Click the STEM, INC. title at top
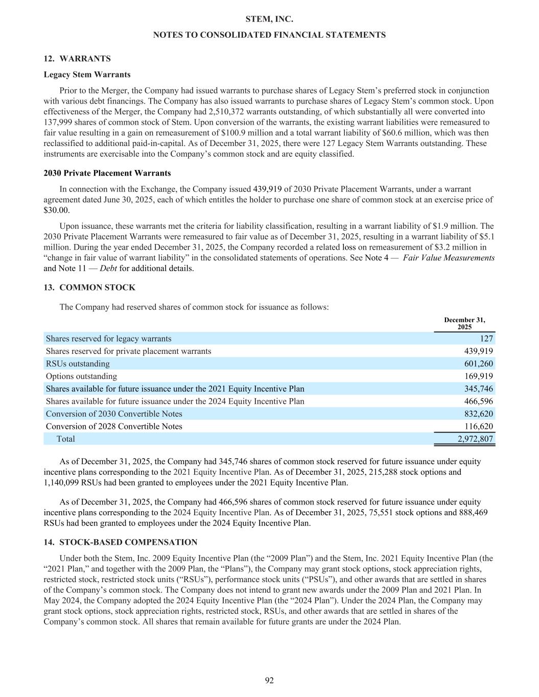[x=269, y=19]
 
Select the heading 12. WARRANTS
[x=77, y=59]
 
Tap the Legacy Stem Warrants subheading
[x=87, y=75]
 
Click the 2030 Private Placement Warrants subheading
[x=107, y=173]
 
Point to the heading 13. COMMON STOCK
[x=89, y=287]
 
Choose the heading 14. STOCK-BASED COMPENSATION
[x=120, y=542]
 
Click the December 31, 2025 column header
[x=464, y=323]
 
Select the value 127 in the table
[x=486, y=339]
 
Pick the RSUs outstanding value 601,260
[x=478, y=364]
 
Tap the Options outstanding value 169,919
[x=478, y=376]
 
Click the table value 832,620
[x=478, y=414]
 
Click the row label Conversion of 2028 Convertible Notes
[x=114, y=426]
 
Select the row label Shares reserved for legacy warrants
[x=108, y=339]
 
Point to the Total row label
[x=65, y=439]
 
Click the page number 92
[x=269, y=680]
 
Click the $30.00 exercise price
[x=57, y=210]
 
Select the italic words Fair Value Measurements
[x=449, y=258]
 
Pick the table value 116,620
[x=478, y=426]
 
